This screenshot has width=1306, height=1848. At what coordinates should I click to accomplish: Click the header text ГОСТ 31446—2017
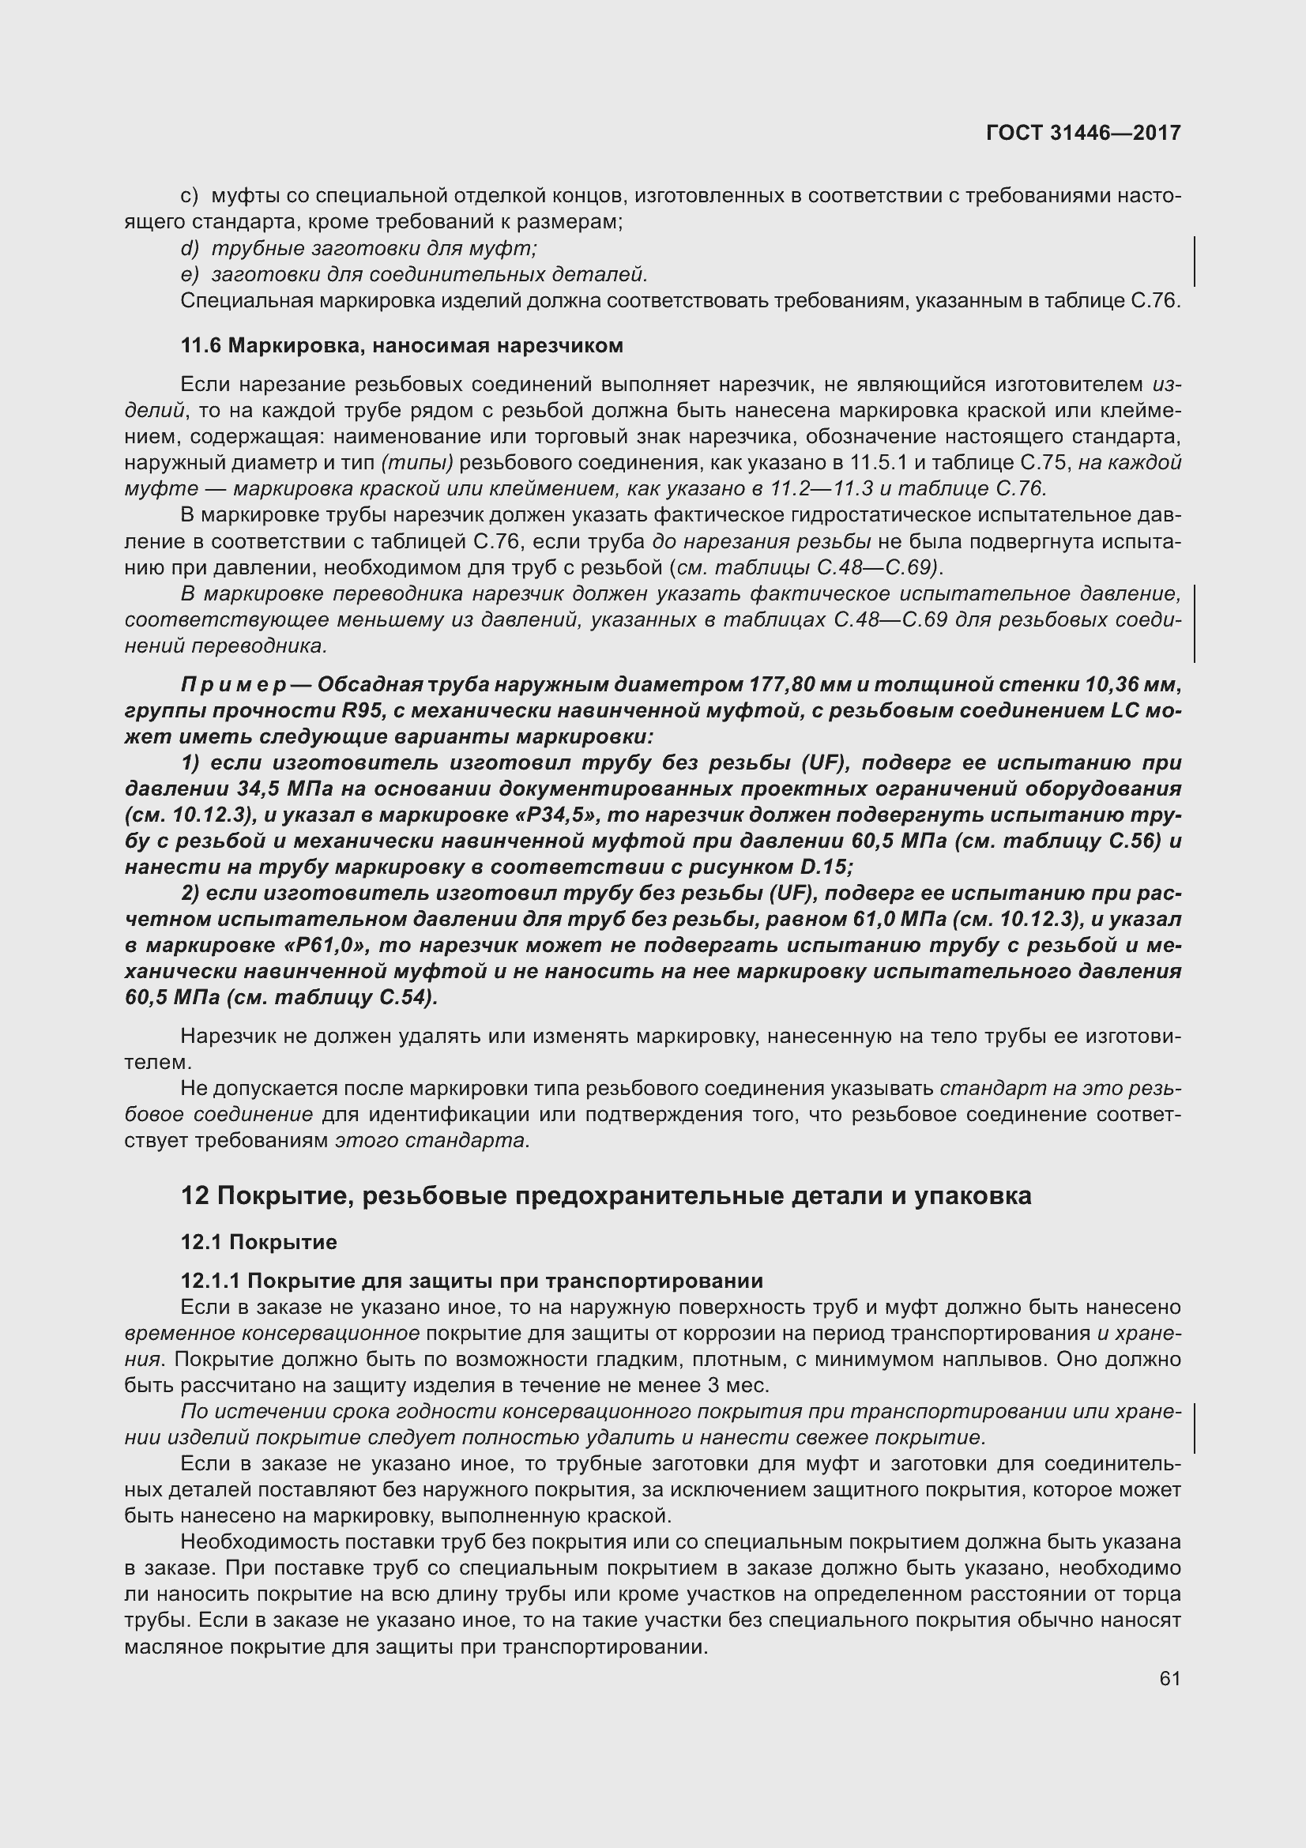pos(1083,133)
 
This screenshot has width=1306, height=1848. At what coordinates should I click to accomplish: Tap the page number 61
pos(1169,1678)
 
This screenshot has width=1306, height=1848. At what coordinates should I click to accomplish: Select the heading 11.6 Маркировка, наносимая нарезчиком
pos(401,346)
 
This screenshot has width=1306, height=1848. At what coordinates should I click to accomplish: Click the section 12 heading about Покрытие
pos(605,1196)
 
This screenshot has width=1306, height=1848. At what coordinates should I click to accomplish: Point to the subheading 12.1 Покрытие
pos(258,1242)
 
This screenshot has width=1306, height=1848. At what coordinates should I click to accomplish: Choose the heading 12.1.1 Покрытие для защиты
pos(472,1281)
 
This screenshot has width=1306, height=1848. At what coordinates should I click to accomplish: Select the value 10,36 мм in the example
pos(1131,685)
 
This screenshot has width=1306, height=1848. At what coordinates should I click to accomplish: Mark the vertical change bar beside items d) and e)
pos(1194,262)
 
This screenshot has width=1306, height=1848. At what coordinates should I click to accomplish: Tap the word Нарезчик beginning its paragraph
pos(228,1037)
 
